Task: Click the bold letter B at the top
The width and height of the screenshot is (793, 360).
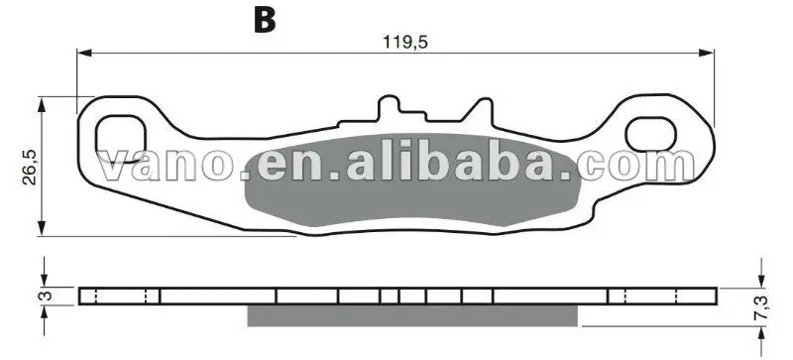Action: [x=265, y=20]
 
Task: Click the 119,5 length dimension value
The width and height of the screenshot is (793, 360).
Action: [x=405, y=42]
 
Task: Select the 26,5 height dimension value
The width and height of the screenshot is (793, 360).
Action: [x=30, y=167]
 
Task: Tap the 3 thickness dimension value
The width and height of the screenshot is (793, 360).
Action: [x=45, y=297]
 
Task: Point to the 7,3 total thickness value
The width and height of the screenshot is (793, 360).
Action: [x=760, y=307]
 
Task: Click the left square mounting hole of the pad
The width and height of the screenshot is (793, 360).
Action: [x=121, y=139]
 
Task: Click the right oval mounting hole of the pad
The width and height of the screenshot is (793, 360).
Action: [x=651, y=134]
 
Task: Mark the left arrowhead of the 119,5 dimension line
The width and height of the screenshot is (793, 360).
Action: [x=84, y=53]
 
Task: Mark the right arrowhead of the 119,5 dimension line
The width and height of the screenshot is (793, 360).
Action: [x=706, y=53]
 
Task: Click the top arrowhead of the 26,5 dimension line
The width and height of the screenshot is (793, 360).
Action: [x=42, y=105]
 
